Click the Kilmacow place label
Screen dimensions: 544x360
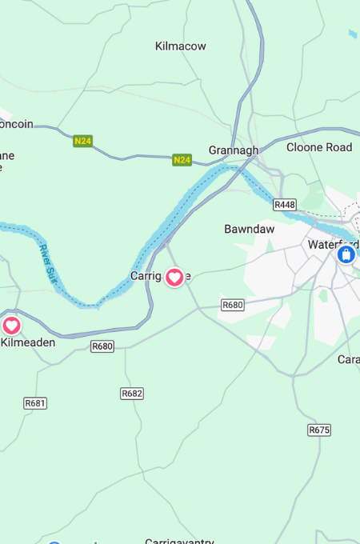(180, 46)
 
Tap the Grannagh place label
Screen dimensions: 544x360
(234, 150)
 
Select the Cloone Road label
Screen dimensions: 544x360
(319, 147)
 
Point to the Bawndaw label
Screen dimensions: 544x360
(249, 229)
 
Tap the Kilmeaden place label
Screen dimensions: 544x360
(28, 342)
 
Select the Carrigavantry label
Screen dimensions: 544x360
(180, 542)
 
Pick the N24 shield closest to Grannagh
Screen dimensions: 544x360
(182, 160)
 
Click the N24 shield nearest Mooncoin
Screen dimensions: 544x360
(82, 141)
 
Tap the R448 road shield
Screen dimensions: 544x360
(284, 205)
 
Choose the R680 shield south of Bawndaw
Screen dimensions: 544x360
(232, 305)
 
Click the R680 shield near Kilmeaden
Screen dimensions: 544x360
(102, 346)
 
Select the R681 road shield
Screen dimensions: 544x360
(35, 402)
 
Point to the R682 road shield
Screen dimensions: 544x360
(132, 394)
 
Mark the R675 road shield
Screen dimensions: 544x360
(318, 430)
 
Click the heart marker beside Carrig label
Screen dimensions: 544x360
(174, 278)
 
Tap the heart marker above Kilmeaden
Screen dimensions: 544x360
(11, 326)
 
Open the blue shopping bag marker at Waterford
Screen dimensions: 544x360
(346, 254)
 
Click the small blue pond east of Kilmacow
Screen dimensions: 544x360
(353, 34)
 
